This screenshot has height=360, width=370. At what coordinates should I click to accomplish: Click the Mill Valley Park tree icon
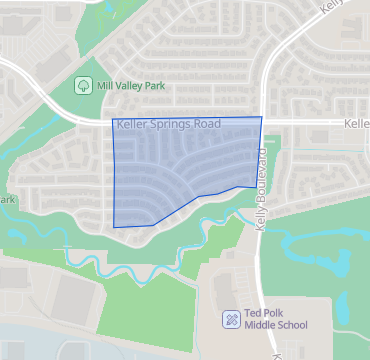coord(83,86)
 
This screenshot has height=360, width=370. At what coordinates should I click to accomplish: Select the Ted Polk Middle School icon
coord(230,319)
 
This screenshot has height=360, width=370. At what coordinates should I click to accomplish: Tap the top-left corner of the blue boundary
coord(111,121)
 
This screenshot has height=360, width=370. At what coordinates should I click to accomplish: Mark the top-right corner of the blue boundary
coord(262,117)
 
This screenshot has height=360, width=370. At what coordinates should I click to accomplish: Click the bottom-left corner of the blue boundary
coord(114,226)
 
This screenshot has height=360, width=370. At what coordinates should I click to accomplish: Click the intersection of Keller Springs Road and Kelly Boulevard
coord(264,122)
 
